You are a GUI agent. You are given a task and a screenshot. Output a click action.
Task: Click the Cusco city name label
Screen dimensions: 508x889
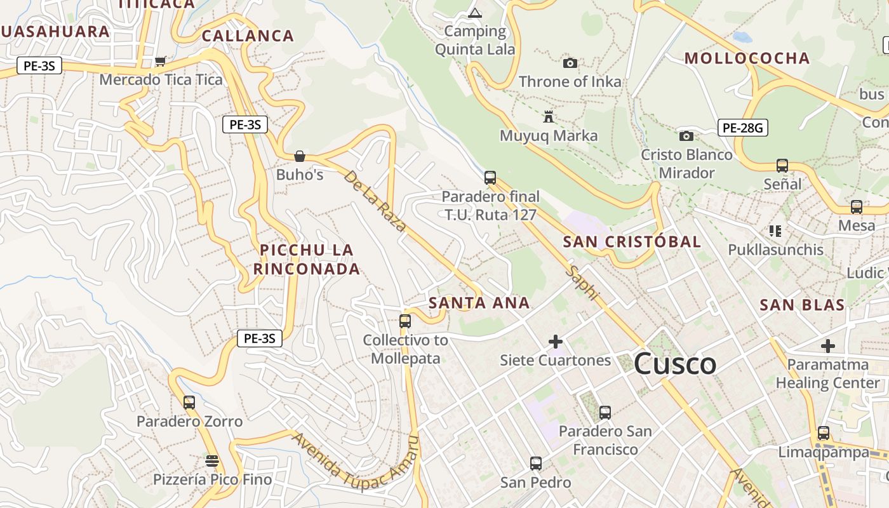[x=675, y=364]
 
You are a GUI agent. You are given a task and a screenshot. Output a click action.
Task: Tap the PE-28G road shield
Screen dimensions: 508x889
[x=743, y=128]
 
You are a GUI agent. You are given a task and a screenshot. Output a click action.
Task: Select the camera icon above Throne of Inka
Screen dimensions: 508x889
[x=570, y=63]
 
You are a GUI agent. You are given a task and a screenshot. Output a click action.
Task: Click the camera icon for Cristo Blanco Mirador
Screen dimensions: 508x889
[x=686, y=136]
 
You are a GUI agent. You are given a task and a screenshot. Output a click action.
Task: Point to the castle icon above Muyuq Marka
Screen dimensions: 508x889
[x=549, y=117]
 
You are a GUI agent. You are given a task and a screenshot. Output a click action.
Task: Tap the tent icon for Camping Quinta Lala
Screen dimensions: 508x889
[x=474, y=13]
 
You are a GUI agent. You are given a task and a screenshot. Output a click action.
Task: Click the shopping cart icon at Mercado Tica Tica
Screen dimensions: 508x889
[x=161, y=61]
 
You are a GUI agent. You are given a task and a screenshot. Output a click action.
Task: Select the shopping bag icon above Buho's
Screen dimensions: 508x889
[x=300, y=156]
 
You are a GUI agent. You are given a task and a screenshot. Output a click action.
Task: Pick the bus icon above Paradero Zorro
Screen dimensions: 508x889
[x=189, y=402]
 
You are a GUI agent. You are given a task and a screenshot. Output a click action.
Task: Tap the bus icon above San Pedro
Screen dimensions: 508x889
[x=536, y=464]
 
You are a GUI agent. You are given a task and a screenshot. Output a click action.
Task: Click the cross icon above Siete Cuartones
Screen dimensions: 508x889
[x=556, y=342]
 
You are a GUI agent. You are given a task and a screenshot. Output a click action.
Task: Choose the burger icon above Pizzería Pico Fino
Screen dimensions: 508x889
[x=212, y=460]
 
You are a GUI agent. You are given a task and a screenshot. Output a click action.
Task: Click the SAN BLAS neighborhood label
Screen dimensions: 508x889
[x=802, y=305]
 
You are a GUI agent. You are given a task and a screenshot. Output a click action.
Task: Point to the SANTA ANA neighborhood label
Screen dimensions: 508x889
[x=479, y=303]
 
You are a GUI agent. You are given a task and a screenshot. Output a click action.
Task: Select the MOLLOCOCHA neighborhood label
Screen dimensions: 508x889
[x=747, y=58]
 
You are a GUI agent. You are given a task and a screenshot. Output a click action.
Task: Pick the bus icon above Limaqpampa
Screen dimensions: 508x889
[x=824, y=433]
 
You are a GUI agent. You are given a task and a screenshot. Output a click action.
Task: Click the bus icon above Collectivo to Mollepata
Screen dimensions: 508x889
[x=405, y=321]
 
